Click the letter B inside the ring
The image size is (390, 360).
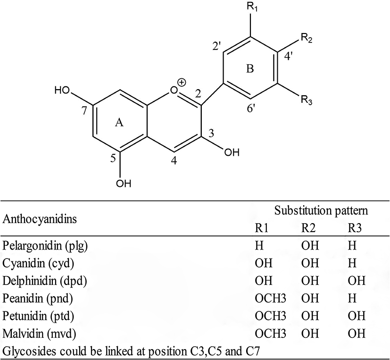click(x=250, y=69)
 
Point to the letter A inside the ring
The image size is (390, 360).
click(x=119, y=123)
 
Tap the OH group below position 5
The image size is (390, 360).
click(x=123, y=183)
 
